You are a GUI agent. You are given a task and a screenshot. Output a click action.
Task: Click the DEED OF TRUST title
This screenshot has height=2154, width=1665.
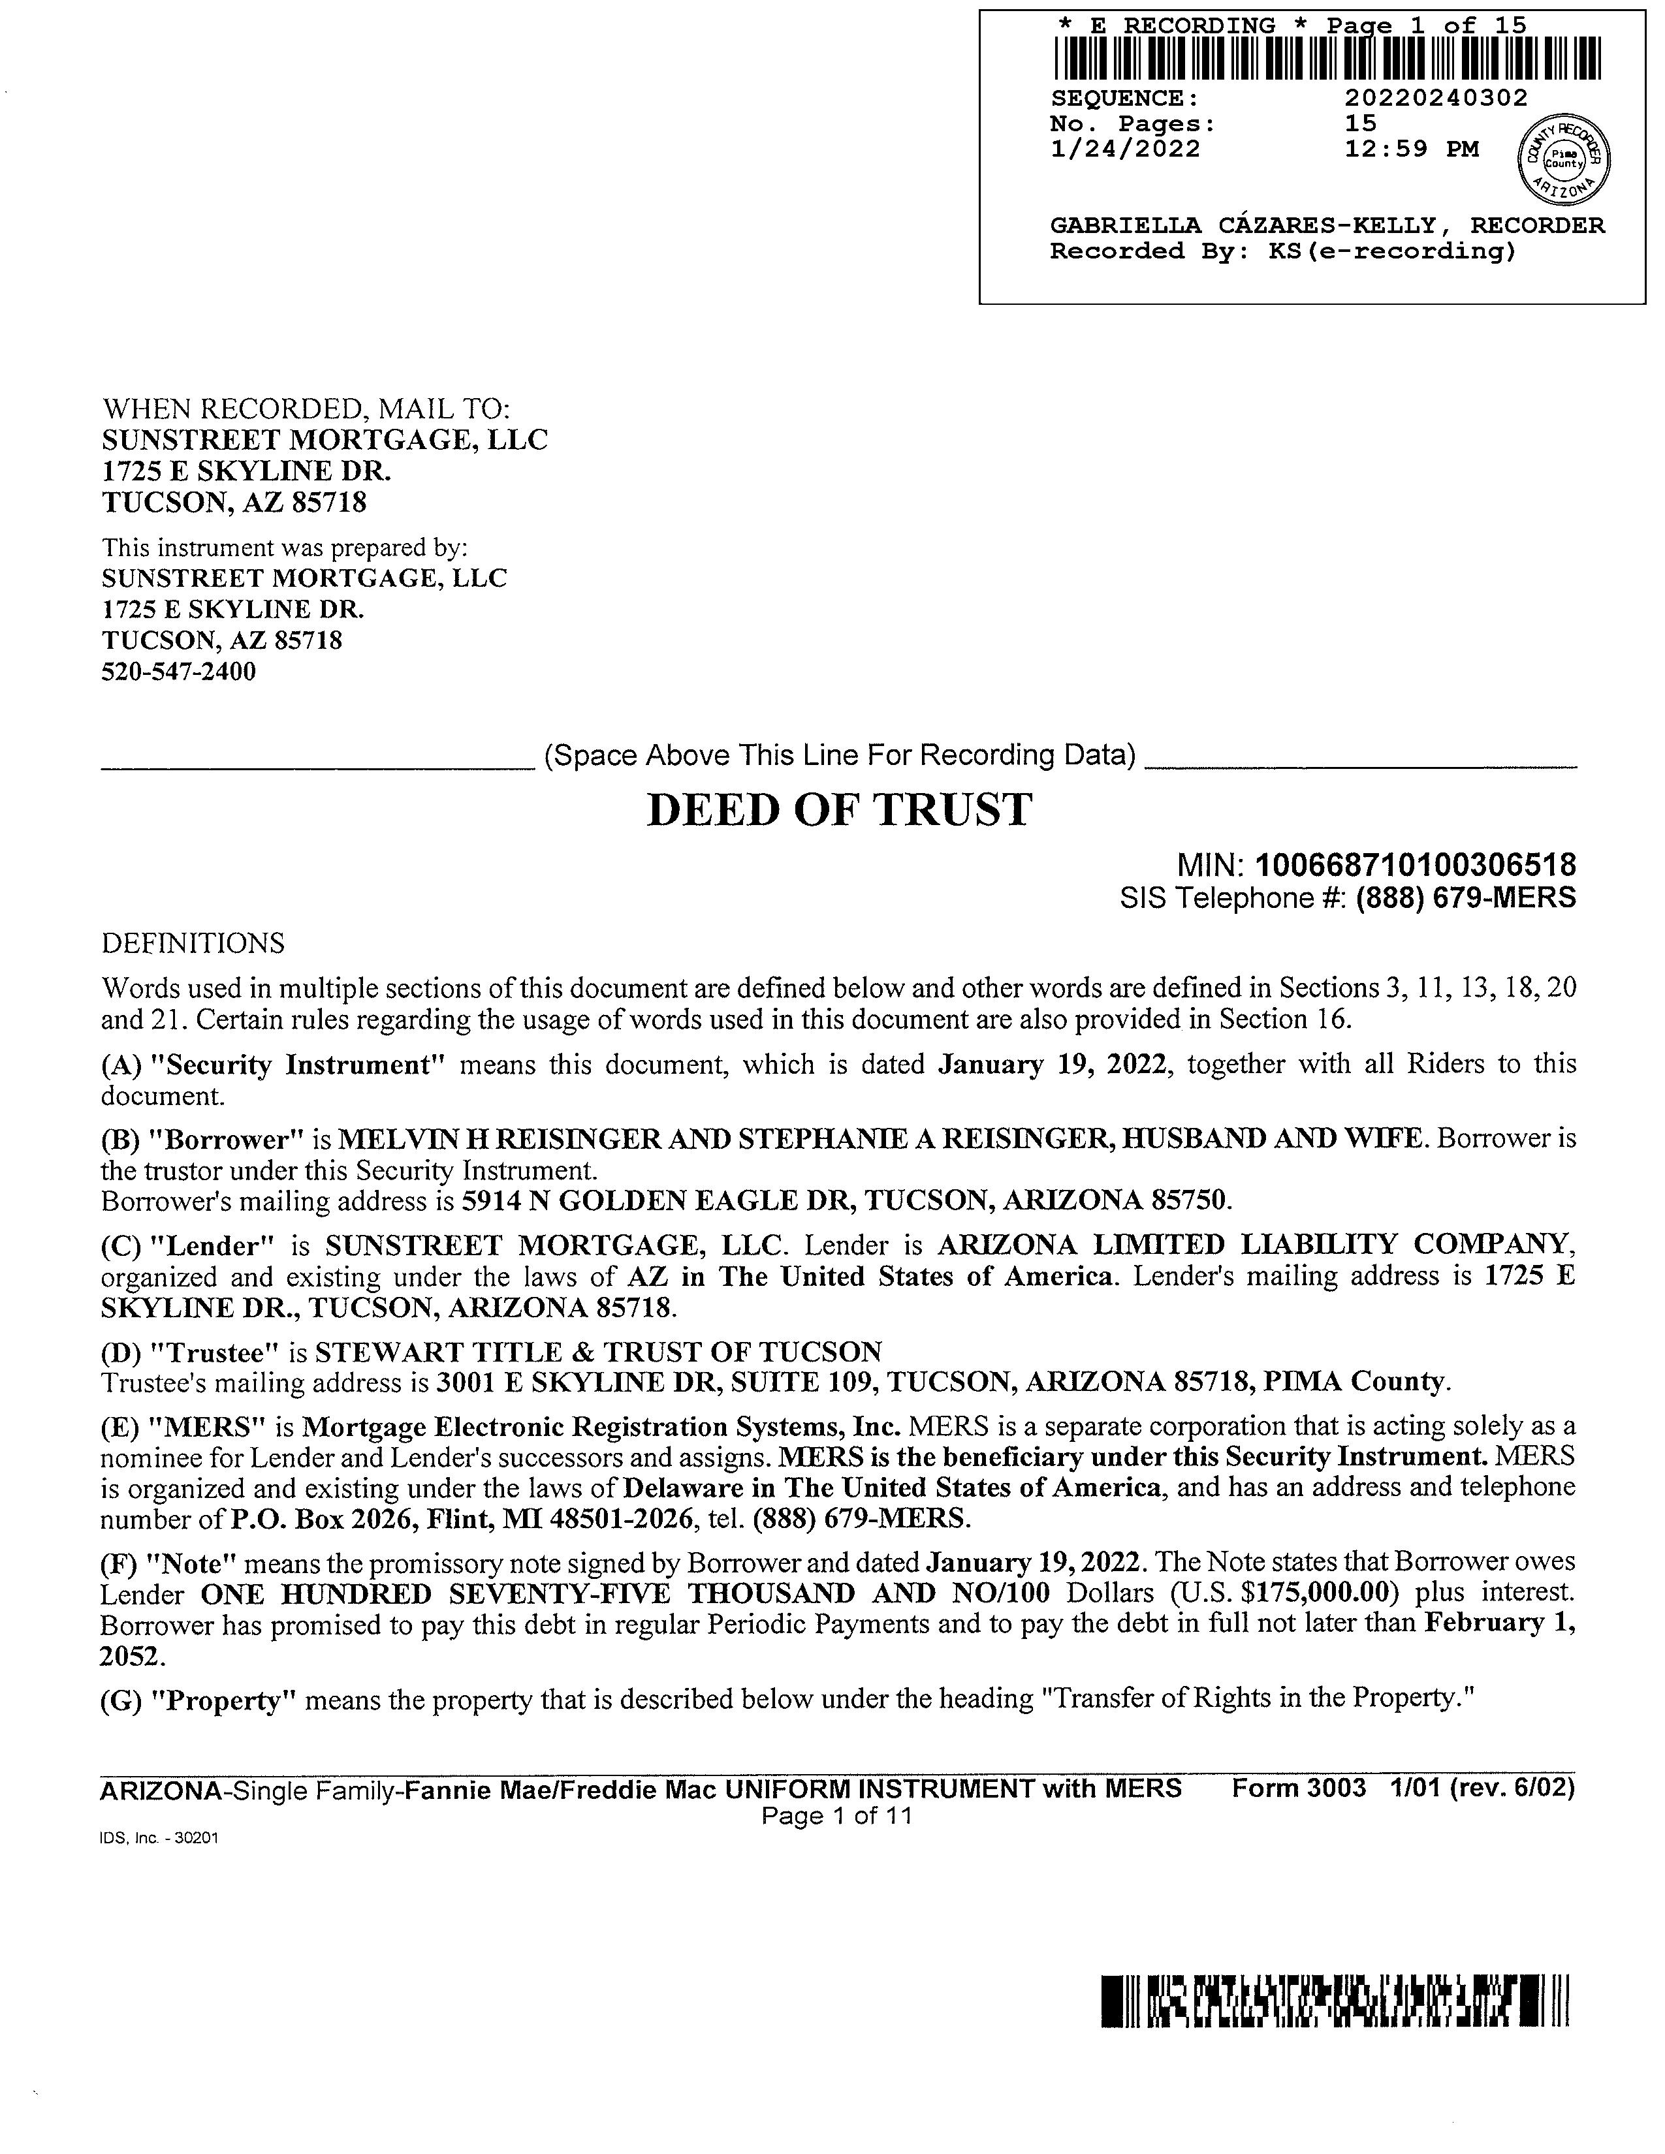(x=838, y=811)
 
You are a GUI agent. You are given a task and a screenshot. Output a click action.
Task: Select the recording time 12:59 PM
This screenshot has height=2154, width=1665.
(x=1412, y=149)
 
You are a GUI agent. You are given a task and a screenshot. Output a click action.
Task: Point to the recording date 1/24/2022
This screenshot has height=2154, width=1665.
(x=1126, y=149)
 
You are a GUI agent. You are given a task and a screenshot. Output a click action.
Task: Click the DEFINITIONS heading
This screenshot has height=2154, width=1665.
(x=193, y=944)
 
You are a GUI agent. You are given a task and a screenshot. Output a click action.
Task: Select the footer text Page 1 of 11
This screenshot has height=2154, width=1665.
(x=836, y=1816)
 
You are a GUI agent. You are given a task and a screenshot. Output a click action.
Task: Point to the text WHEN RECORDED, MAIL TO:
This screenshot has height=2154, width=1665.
(x=306, y=409)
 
